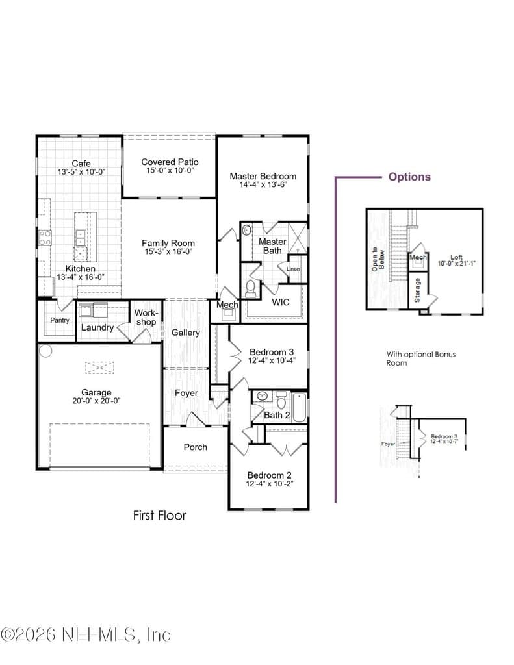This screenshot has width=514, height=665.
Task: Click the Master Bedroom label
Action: [263, 176]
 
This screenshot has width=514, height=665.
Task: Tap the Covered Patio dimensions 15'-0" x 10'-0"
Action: [170, 171]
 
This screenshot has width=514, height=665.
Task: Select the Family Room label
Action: [168, 243]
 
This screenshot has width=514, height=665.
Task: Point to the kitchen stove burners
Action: [45, 238]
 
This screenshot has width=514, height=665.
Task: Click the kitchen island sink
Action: [80, 238]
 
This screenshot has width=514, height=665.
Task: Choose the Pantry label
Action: [59, 320]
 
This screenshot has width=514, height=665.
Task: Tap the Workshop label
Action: [146, 317]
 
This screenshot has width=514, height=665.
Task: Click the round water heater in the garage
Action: [45, 351]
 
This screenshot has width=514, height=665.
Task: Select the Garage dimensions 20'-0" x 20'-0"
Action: [96, 401]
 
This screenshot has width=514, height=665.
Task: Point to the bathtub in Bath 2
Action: [299, 408]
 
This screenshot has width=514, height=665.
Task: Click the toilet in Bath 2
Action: [281, 399]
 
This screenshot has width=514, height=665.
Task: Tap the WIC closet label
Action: [281, 302]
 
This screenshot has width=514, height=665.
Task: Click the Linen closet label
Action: [293, 269]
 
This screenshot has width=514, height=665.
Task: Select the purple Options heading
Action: [409, 177]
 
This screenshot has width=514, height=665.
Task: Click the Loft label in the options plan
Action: [456, 257]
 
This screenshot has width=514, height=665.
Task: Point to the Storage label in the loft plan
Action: [417, 290]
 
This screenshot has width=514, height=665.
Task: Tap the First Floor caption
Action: [160, 515]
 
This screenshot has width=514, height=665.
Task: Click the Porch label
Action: [195, 447]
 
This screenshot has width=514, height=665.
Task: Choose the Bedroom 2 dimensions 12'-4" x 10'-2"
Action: [270, 484]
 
